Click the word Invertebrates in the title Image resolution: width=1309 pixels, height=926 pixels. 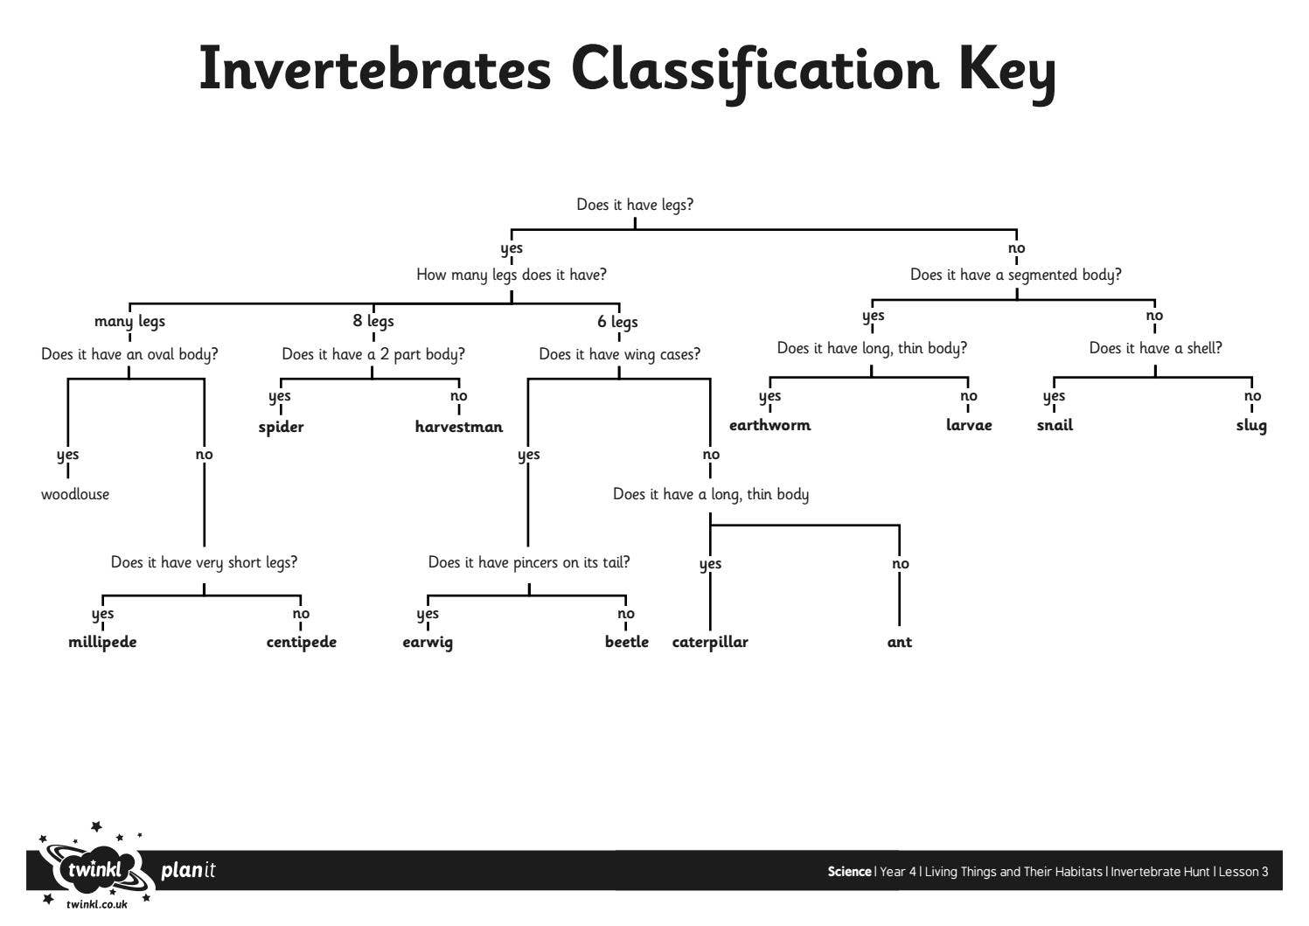(x=375, y=69)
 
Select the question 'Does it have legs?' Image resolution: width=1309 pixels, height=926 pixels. (x=635, y=205)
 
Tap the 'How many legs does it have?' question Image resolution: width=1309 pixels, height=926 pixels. (x=512, y=275)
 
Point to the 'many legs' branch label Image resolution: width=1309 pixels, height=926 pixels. (x=129, y=321)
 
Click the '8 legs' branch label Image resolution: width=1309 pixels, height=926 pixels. (x=373, y=321)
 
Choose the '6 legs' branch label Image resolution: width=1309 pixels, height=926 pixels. (x=617, y=322)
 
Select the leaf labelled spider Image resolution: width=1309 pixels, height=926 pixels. (x=281, y=427)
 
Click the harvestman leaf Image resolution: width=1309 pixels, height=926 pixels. (x=459, y=427)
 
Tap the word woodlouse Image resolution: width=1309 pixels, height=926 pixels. (x=75, y=494)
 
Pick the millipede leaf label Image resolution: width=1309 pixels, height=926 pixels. (x=102, y=642)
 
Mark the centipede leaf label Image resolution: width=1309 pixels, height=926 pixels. (x=302, y=642)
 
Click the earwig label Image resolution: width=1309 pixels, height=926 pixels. (x=428, y=642)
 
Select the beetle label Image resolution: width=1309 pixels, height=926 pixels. (x=627, y=642)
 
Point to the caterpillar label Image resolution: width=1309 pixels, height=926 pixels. (x=710, y=642)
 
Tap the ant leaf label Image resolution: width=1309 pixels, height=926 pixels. (x=899, y=642)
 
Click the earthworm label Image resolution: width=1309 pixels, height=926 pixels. (x=770, y=425)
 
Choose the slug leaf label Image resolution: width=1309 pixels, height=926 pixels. (x=1251, y=425)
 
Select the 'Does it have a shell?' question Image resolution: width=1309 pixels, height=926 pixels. (x=1155, y=348)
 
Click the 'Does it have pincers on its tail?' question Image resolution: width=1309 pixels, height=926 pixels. (x=529, y=562)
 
